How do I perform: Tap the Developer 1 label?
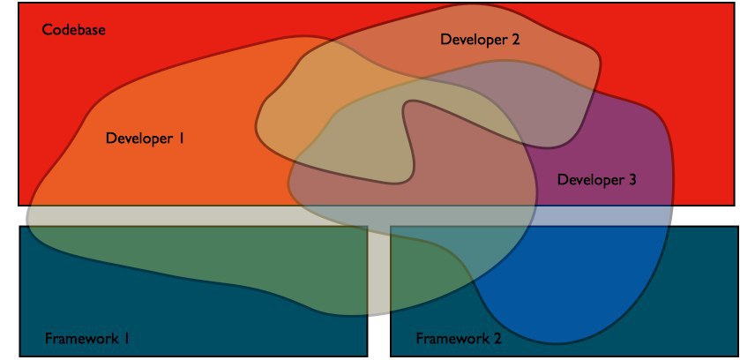(x=145, y=139)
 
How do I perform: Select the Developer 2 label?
(x=480, y=39)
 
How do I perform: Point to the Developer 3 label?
(x=597, y=180)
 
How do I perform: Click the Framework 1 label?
(x=88, y=338)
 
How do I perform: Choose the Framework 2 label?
(x=459, y=338)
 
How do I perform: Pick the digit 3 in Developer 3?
(x=632, y=180)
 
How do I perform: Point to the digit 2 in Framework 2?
(x=498, y=338)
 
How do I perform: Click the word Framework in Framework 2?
(x=450, y=338)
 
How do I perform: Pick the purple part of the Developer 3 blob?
(x=617, y=141)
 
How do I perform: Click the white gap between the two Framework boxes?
(x=378, y=340)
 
